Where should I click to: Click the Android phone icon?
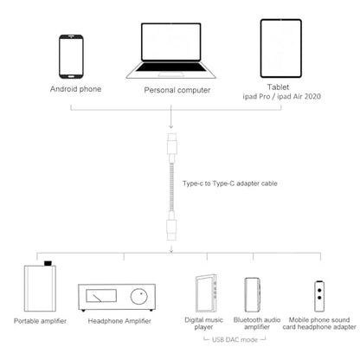pos(71,56)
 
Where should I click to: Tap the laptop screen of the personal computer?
pos(171,42)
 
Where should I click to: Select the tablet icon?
pos(281,48)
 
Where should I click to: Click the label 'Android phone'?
pos(75,89)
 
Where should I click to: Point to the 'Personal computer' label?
pos(177,90)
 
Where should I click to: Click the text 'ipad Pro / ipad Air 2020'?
pos(281,96)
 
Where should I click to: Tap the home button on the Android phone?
pos(71,76)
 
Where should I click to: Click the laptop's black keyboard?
pos(171,67)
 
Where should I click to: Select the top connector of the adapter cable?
pos(171,145)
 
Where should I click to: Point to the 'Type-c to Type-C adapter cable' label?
pos(230,183)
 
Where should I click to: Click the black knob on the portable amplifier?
pos(48,263)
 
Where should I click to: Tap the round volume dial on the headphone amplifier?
pos(139,296)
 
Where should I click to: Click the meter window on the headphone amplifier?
pos(101,296)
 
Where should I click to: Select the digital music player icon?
pos(206,293)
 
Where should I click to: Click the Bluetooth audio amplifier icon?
pos(253,295)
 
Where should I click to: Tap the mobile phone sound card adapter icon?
pos(319,296)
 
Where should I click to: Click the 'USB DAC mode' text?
pos(235,339)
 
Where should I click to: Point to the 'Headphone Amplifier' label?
pos(119,321)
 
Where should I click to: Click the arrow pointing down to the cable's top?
pos(171,117)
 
